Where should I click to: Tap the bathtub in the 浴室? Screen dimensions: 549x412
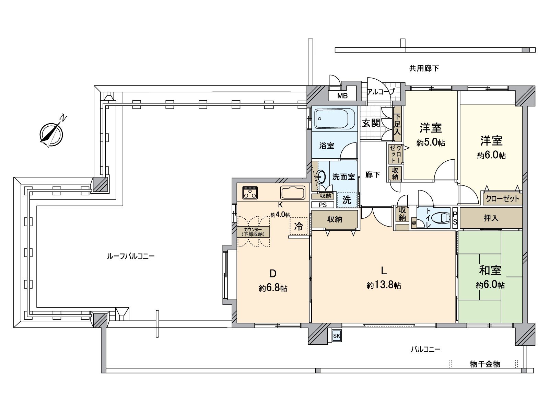[x=332, y=119]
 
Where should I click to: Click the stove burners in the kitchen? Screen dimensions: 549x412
[x=250, y=193]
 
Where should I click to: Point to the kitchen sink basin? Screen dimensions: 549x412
[x=293, y=193]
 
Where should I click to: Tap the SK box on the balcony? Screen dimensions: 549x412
[x=337, y=336]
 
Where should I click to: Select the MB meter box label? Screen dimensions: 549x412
[x=342, y=95]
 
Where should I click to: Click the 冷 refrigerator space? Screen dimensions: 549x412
[x=299, y=226]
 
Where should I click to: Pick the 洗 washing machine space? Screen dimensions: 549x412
[x=347, y=199]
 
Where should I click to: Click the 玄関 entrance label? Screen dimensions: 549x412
[x=371, y=123]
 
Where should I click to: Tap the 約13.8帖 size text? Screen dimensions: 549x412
[x=384, y=285]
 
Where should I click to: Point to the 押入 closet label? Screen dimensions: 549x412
[x=491, y=218]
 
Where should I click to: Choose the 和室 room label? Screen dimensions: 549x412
[x=490, y=271]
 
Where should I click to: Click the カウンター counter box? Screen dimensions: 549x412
[x=253, y=232]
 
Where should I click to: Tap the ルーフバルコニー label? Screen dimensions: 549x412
[x=131, y=256]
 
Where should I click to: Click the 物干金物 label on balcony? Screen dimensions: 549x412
[x=485, y=364]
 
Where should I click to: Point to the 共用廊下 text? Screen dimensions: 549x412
[x=424, y=68]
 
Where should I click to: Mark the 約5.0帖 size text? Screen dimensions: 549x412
[x=431, y=142]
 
